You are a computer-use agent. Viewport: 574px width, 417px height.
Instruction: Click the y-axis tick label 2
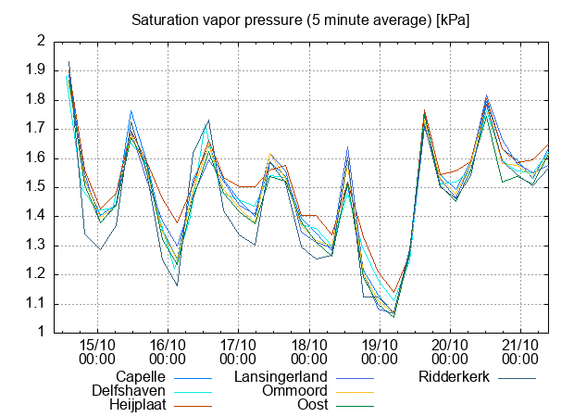(x=41, y=41)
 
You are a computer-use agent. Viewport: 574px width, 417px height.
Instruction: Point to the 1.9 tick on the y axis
(x=36, y=70)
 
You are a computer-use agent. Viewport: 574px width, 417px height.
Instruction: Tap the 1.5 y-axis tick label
(x=36, y=187)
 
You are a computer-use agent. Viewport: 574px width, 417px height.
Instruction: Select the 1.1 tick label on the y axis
(x=36, y=304)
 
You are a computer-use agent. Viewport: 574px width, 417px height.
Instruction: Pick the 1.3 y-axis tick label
(x=36, y=246)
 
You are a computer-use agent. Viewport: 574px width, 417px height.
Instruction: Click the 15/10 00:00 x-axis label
(x=96, y=350)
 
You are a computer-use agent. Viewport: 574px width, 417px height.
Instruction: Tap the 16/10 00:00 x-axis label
(x=167, y=350)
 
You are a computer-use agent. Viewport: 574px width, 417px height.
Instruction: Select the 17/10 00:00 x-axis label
(x=238, y=350)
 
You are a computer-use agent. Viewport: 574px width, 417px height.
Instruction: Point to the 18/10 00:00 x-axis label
(x=308, y=350)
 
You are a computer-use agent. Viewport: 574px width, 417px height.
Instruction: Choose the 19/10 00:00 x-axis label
(x=379, y=350)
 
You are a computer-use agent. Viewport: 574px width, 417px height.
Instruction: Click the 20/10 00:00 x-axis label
(x=450, y=350)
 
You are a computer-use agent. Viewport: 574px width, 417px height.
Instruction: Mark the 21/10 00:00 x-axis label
(x=520, y=350)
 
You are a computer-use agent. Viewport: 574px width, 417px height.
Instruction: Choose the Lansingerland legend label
(x=281, y=377)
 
